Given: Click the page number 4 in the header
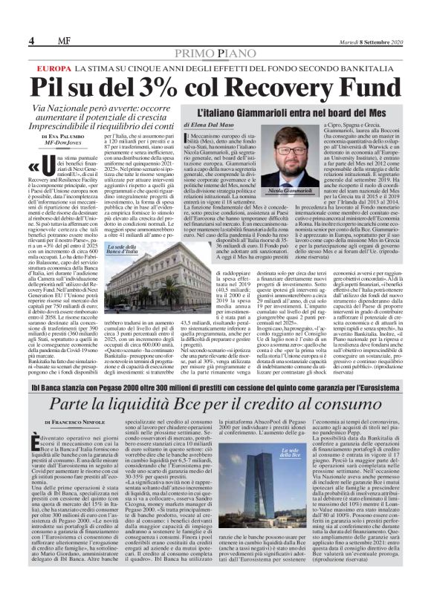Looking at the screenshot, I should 11,19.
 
